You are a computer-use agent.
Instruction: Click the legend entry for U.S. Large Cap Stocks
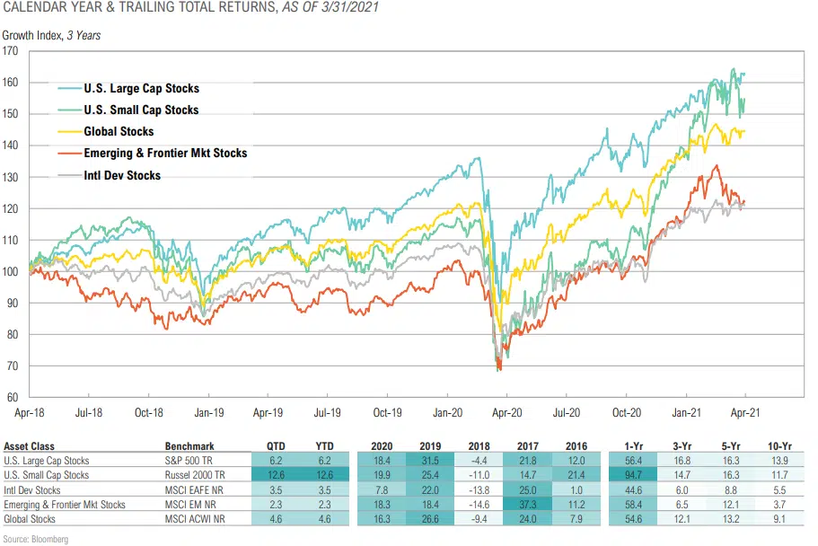141,89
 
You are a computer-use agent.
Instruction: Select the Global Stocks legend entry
119,132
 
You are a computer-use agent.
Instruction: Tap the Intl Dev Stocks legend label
122,175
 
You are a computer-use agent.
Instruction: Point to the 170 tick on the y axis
12,51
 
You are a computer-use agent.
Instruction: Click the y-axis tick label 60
14,397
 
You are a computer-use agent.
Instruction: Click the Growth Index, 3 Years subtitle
50,36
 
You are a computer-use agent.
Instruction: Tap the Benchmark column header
189,445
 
